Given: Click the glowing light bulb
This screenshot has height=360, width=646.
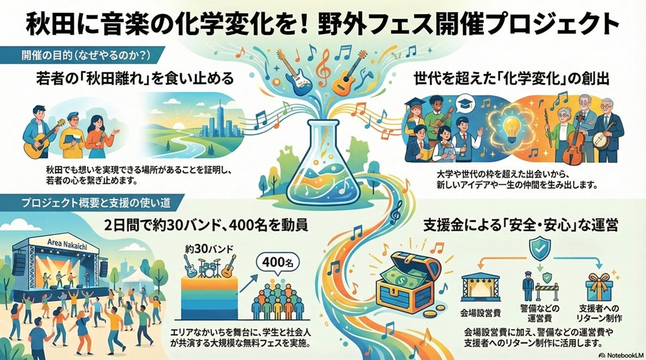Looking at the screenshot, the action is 510,125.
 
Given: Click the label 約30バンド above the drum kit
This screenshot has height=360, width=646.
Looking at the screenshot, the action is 209,249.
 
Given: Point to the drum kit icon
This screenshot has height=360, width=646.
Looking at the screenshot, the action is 210,267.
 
